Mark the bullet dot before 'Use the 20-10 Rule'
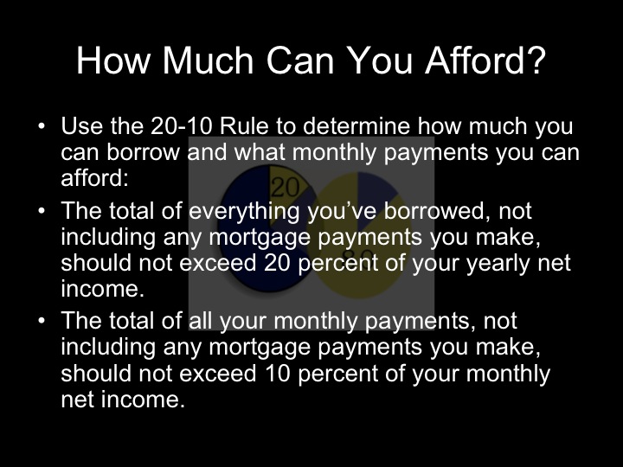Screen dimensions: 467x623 42,127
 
